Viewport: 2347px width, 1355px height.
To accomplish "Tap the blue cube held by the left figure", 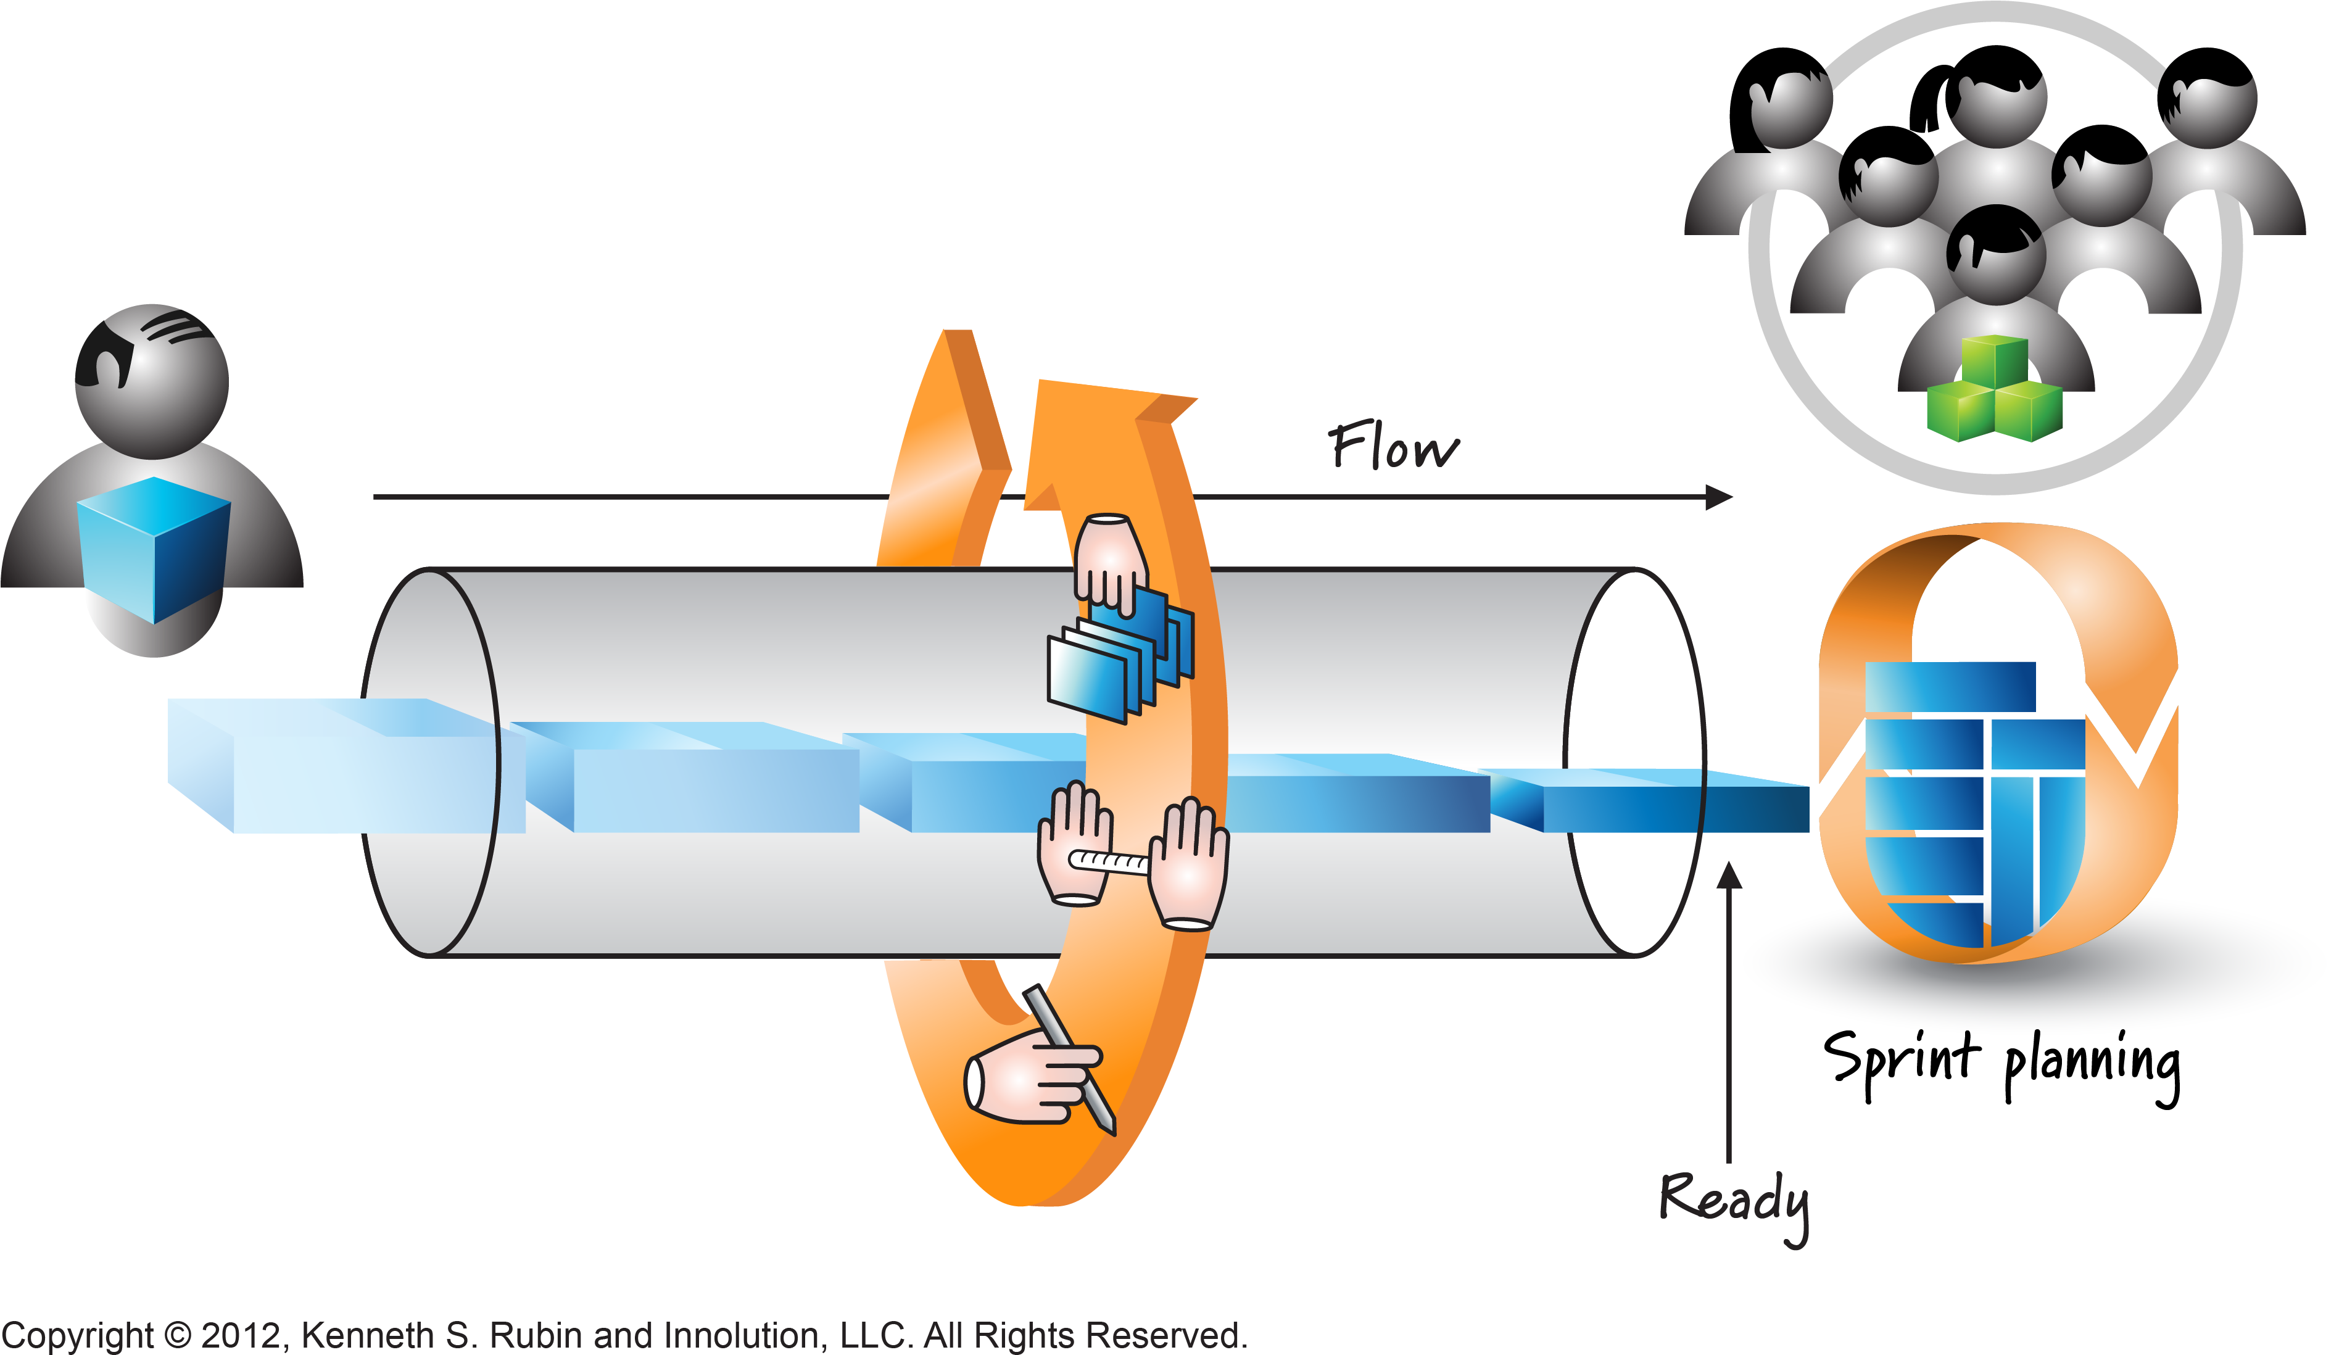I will tap(154, 549).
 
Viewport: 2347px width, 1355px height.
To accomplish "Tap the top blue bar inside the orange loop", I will tap(1950, 687).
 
